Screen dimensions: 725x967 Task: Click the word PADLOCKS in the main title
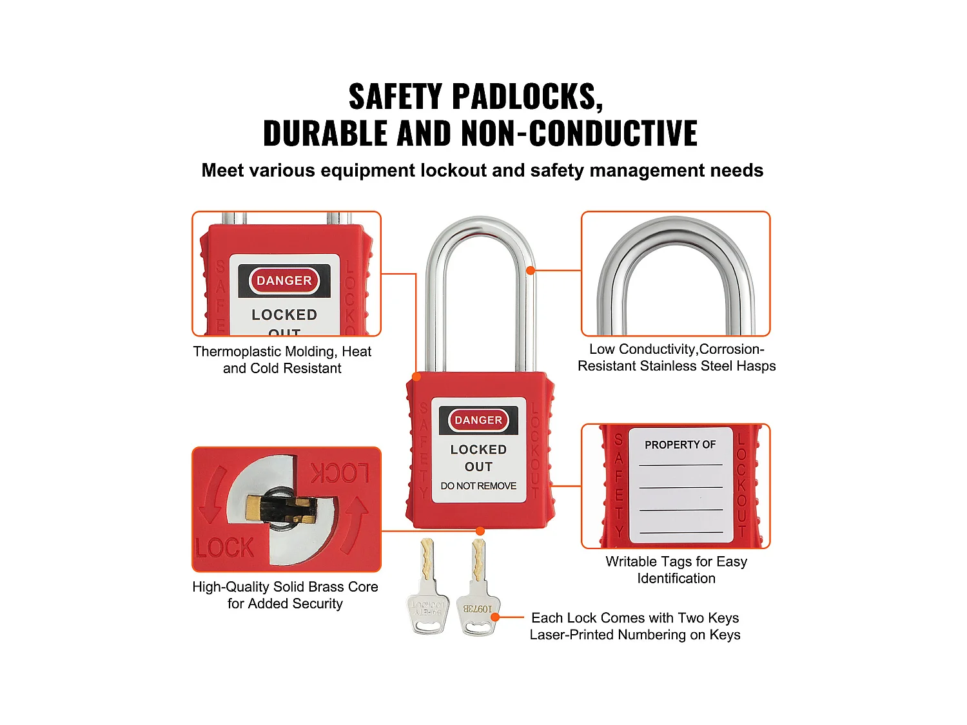(527, 97)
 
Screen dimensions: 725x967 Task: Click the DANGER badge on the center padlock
(478, 420)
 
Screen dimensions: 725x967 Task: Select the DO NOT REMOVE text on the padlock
(478, 486)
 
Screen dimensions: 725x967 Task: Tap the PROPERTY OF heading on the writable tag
(680, 445)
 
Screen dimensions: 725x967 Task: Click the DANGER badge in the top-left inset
(284, 281)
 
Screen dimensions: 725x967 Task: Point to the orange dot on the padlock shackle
(530, 271)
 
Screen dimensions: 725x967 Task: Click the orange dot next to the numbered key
(495, 617)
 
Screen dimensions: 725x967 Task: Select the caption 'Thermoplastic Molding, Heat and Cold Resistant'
(282, 360)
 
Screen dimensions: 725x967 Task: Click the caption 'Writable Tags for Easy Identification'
(676, 570)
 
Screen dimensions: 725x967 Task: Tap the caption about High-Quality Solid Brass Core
(285, 595)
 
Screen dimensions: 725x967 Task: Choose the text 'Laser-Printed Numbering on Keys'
(634, 635)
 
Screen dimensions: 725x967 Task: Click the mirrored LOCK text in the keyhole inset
(340, 474)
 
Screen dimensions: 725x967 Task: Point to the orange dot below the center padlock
(480, 531)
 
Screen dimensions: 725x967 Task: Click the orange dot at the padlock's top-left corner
(416, 376)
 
